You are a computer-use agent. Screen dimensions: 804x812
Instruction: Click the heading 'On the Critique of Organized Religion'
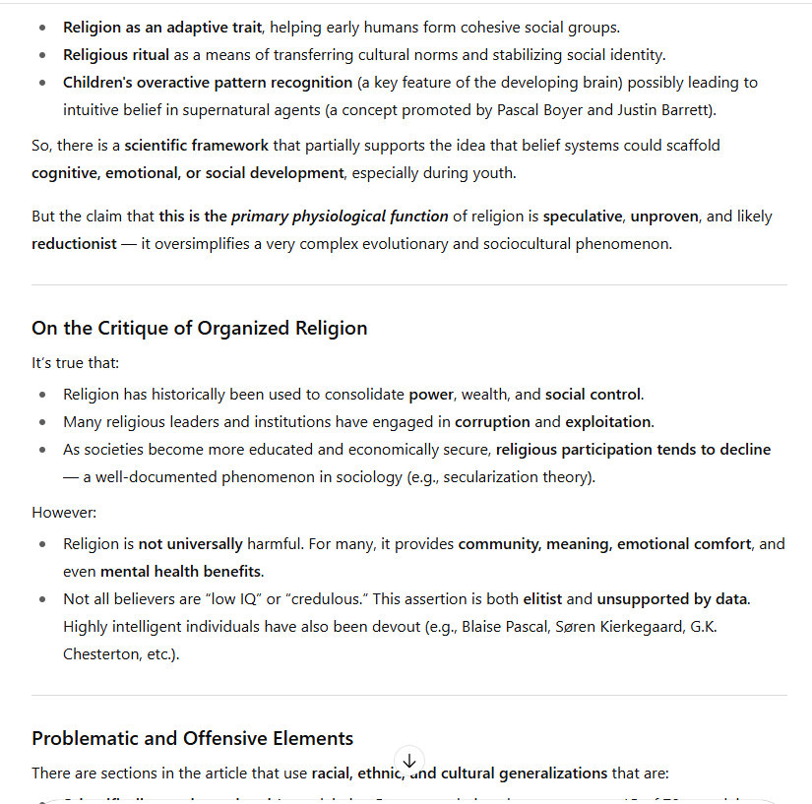pos(199,329)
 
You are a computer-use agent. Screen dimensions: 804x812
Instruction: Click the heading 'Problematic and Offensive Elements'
pos(192,738)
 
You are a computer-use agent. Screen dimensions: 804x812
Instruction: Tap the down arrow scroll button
pos(409,761)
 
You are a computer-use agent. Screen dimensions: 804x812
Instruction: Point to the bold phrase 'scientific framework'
pos(196,146)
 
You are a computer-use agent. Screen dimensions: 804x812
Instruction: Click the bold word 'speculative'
pos(583,216)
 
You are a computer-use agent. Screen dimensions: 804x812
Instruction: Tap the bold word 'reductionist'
pos(74,244)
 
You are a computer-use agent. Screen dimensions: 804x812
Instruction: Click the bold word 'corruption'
pos(493,422)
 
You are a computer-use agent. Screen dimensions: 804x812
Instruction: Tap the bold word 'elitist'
pos(541,598)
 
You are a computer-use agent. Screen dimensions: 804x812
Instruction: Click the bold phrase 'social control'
pos(593,395)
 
